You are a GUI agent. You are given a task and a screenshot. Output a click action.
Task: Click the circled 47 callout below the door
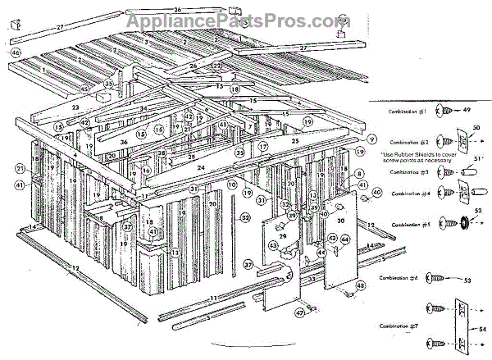tap(300, 312)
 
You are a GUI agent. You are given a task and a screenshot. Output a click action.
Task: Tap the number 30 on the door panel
tap(339, 221)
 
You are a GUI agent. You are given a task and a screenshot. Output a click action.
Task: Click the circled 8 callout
tap(359, 174)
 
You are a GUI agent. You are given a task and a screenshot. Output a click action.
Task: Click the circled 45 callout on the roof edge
tap(84, 89)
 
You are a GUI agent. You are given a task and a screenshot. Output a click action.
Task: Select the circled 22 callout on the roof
tap(217, 66)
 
